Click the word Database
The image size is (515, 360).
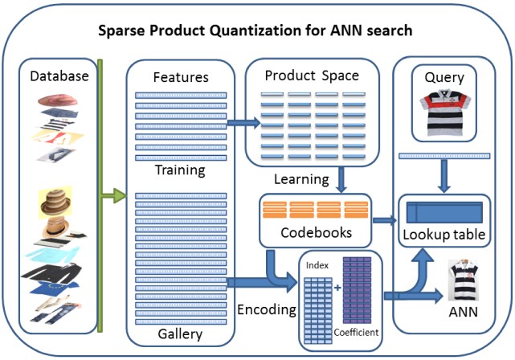[59, 76]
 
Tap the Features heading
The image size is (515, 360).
[181, 77]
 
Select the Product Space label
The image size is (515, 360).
[312, 76]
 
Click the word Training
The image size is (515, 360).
[180, 170]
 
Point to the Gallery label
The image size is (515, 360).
[180, 334]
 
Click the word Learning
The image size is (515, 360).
[301, 179]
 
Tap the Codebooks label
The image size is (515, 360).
[317, 232]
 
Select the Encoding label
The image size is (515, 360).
[267, 309]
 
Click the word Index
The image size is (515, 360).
[317, 265]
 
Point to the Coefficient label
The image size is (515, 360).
[357, 333]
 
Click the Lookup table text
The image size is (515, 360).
[444, 235]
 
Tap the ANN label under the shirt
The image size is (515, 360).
[463, 312]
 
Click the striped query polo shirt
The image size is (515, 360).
[445, 112]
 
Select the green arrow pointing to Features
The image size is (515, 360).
[113, 196]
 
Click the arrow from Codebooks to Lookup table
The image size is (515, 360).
[385, 220]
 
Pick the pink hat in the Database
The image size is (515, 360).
[58, 100]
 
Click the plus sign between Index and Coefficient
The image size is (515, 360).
[337, 288]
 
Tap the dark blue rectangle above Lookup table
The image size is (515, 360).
[444, 212]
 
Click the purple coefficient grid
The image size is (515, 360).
[357, 290]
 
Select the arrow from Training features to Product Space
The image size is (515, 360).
[243, 123]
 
